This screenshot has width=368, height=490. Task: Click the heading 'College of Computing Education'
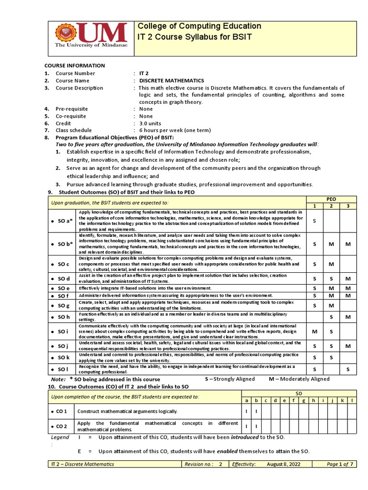pos(199,26)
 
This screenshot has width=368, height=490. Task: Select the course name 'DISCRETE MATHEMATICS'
pos(172,80)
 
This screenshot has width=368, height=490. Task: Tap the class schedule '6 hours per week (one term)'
pos(174,130)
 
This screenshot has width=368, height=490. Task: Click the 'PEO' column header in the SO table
pos(331,199)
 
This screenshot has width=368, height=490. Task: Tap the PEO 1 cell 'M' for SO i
pos(315,331)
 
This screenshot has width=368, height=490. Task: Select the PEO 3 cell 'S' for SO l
pos(348,369)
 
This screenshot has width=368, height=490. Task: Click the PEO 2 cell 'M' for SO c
pos(331,264)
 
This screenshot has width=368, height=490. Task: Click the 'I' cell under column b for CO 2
pos(256,426)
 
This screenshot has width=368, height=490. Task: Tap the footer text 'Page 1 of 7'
pos(339,464)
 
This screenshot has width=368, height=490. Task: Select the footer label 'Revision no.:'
pos(200,464)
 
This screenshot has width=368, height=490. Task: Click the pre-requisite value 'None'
pos(146,109)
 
